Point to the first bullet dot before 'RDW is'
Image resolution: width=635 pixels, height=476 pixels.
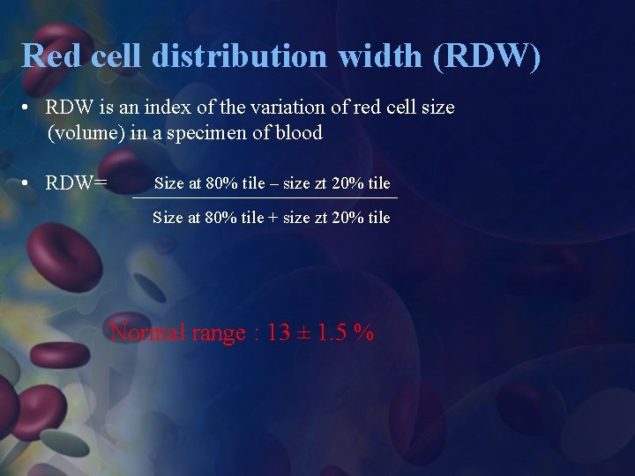[29, 108]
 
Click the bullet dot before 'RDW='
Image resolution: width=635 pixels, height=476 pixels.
[29, 183]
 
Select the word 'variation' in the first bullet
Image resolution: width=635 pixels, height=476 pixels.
[282, 108]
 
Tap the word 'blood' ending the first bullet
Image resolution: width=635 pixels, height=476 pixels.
[297, 133]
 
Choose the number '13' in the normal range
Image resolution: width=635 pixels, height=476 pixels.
[279, 333]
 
